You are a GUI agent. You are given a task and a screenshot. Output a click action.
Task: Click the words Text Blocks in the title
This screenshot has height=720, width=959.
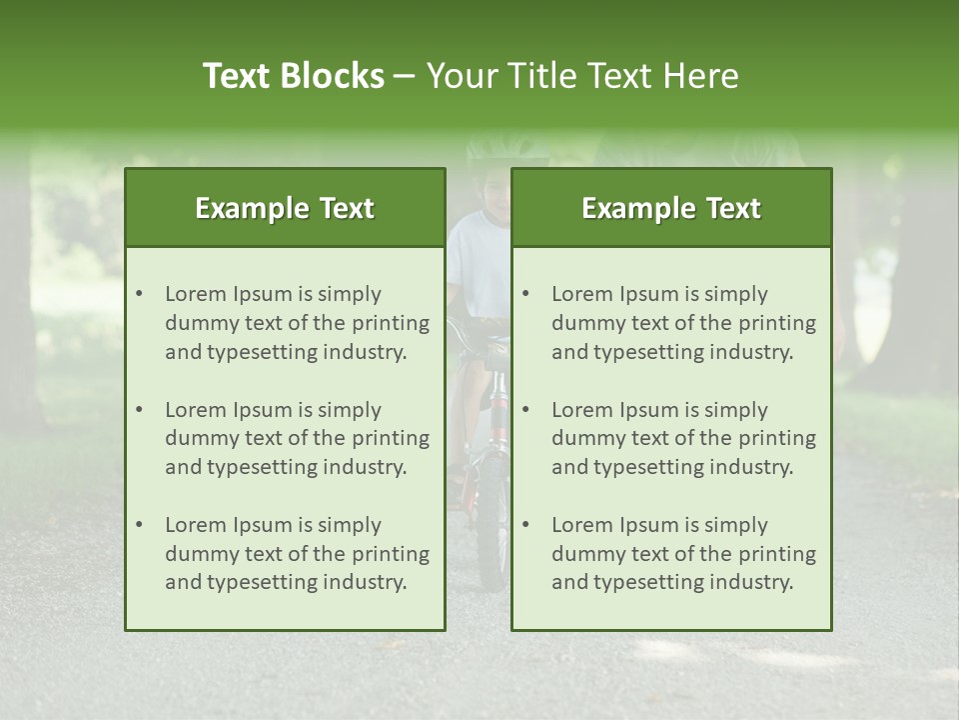[x=293, y=76]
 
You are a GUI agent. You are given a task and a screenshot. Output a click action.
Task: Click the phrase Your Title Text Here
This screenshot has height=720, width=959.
[x=582, y=76]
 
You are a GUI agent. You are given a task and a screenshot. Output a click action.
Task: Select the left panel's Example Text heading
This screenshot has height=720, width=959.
[x=285, y=208]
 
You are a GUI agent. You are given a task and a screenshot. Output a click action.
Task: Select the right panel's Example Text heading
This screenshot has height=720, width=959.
[x=671, y=208]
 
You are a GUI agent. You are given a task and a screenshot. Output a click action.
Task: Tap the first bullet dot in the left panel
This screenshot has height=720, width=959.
[x=140, y=294]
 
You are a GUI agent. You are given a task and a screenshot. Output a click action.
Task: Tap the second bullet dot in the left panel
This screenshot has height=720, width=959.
[x=140, y=410]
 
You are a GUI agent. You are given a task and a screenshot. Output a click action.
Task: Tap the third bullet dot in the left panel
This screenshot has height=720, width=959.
[x=140, y=525]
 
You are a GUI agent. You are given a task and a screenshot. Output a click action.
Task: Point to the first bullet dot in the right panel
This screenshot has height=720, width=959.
[x=526, y=294]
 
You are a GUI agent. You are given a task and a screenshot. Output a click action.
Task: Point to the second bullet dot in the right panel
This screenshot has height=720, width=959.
[x=526, y=410]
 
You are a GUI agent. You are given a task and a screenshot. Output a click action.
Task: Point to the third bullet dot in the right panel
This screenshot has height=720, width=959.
[x=526, y=525]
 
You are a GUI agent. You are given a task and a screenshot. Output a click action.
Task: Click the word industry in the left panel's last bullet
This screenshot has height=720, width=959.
[x=366, y=583]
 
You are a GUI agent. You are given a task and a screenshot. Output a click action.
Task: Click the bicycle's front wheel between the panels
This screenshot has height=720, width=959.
[x=491, y=540]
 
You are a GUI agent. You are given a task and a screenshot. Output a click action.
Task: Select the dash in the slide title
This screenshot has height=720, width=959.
[x=406, y=76]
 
